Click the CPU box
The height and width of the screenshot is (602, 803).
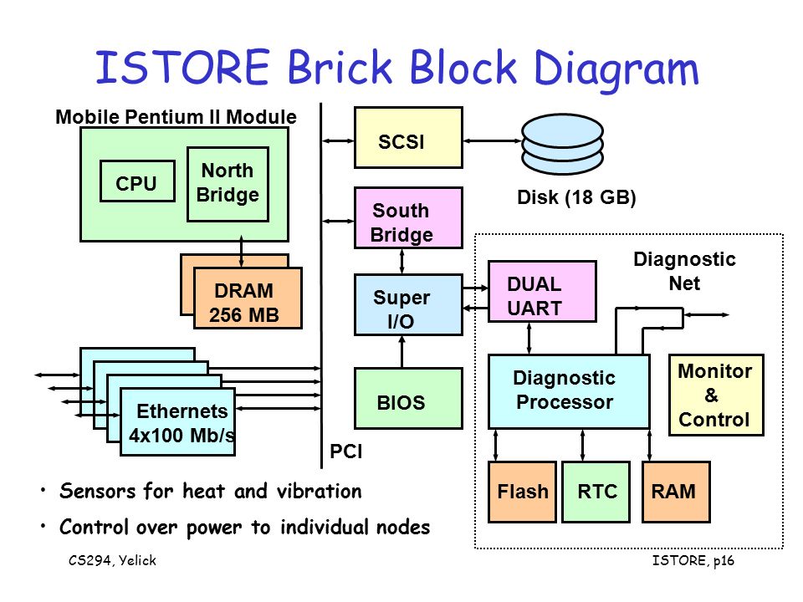(x=137, y=181)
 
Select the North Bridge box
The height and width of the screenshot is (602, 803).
(x=228, y=184)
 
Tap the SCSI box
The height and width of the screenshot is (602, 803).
(x=408, y=137)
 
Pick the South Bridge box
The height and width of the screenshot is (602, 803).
(x=408, y=217)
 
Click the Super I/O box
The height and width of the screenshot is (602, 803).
(x=408, y=304)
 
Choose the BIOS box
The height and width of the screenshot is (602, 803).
(x=408, y=398)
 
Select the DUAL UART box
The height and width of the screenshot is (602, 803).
(x=542, y=291)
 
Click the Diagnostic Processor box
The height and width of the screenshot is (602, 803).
(x=569, y=391)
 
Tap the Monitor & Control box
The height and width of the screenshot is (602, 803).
(x=716, y=395)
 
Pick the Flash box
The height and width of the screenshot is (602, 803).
(x=522, y=492)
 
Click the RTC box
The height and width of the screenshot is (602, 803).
(x=596, y=492)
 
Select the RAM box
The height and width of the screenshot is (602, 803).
(x=676, y=492)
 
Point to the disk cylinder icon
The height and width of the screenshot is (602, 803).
(x=562, y=145)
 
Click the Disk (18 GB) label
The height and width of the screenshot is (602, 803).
(x=576, y=197)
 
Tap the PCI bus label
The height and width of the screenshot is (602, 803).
(x=345, y=451)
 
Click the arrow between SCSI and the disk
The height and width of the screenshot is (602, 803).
(x=492, y=140)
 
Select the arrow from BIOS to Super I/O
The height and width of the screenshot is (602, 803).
(x=401, y=352)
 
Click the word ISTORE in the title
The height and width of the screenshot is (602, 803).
(x=183, y=67)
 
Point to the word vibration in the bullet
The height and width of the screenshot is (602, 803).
(x=319, y=491)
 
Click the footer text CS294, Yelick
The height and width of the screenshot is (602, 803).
(x=112, y=560)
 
